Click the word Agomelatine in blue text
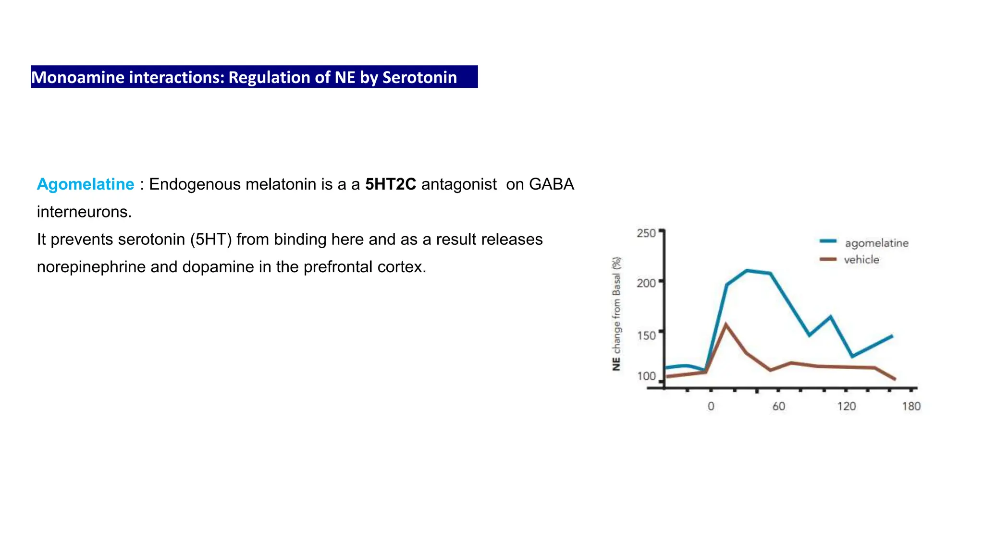pos(86,184)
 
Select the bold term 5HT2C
pos(390,184)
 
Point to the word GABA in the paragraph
pos(551,184)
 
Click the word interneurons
pos(84,212)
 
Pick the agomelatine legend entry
pos(876,243)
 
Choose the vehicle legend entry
pos(861,260)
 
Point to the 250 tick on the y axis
pos(646,233)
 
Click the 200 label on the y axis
pos(646,283)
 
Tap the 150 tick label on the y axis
pos(646,335)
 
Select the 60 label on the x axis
pos(778,407)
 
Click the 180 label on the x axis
pos(911,407)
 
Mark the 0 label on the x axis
pos(711,407)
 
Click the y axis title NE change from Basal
pos(616,314)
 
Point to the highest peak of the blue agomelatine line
pos(747,271)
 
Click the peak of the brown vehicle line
pos(726,325)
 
